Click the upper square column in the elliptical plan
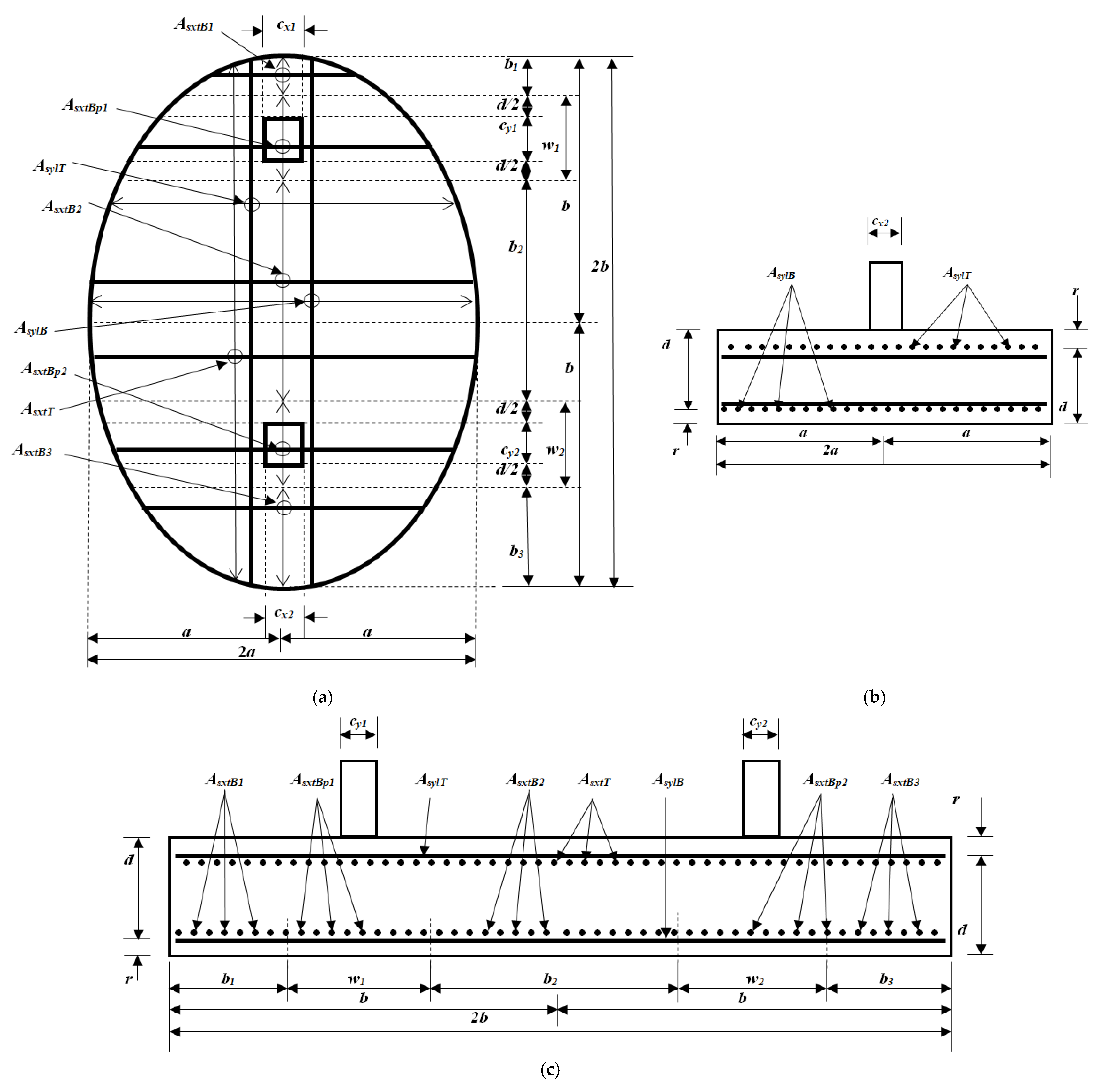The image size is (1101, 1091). tap(283, 140)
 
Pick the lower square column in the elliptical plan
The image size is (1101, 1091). tap(283, 444)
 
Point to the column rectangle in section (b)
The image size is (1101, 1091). tap(886, 296)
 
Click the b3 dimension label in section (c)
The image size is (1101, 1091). tap(886, 979)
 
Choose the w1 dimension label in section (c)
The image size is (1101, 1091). tap(357, 979)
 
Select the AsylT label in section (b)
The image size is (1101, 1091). tap(957, 274)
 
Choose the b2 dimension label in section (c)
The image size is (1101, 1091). tap(550, 979)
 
